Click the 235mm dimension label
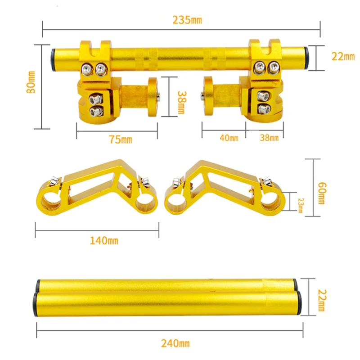click(187, 20)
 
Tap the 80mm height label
click(31, 82)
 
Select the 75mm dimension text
click(121, 139)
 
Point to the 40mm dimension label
click(229, 138)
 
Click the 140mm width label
click(104, 241)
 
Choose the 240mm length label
click(175, 343)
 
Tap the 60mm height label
click(322, 193)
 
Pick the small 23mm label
click(301, 206)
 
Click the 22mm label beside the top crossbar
click(343, 57)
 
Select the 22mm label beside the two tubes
click(322, 300)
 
